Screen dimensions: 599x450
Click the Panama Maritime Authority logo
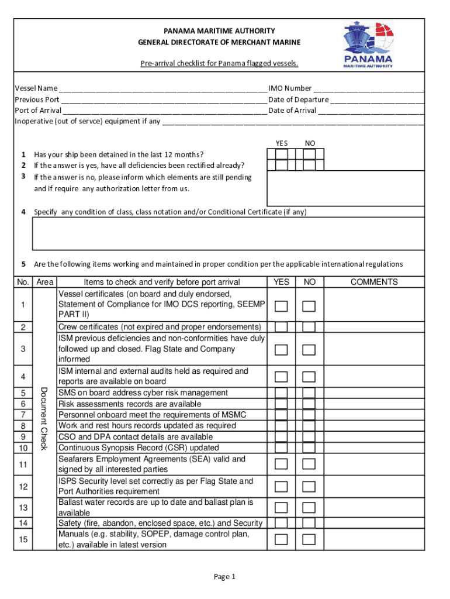click(368, 45)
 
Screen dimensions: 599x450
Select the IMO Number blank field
click(368, 89)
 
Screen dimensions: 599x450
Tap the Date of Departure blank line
click(377, 100)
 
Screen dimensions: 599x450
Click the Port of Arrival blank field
click(164, 111)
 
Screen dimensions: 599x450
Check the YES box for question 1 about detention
click(282, 154)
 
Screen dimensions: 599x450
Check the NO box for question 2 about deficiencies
click(309, 166)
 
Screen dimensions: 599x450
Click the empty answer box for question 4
click(228, 234)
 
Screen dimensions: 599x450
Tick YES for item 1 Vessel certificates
click(282, 306)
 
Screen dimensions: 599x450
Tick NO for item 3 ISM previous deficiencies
click(309, 349)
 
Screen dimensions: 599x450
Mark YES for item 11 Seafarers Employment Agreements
click(282, 464)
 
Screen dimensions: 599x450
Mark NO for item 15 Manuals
click(309, 539)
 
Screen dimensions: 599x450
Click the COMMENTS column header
click(374, 282)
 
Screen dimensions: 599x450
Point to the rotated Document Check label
click(43, 418)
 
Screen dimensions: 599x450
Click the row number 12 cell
click(23, 487)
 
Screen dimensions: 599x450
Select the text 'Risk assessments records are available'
click(130, 404)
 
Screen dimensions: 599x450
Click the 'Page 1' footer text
click(224, 577)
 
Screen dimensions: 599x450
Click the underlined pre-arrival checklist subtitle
click(219, 63)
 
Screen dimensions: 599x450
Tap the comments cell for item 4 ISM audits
click(374, 376)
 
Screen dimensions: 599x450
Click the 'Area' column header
click(44, 282)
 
